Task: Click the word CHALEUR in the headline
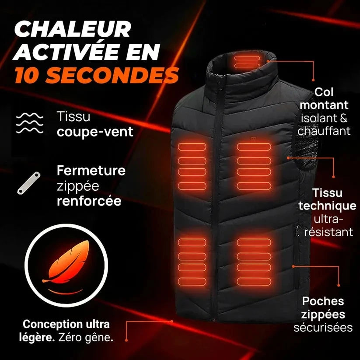pos(73,30)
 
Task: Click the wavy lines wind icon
pos(29,124)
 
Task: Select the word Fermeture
pos(91,171)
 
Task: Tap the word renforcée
pos(89,201)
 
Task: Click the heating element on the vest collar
pos(249,62)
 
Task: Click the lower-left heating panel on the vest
pos(192,261)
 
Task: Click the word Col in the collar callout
pos(324,92)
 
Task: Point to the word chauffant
pos(324,131)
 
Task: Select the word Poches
pos(323,301)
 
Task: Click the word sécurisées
pos(323,328)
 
